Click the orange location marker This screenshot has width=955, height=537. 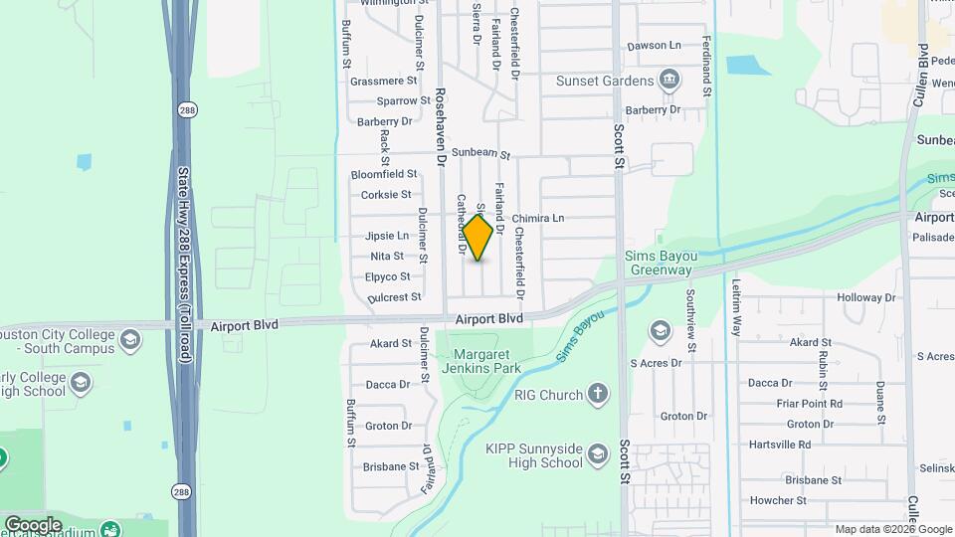tap(478, 238)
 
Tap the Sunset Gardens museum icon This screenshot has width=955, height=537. tap(670, 80)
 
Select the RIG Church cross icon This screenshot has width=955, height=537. tap(597, 394)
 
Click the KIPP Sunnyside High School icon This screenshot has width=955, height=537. tap(598, 455)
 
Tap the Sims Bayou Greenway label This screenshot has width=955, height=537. tap(658, 263)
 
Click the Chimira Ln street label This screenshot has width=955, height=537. tap(538, 218)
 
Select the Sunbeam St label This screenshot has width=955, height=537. tap(480, 155)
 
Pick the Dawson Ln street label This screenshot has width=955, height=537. tap(654, 46)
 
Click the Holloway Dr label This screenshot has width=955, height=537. tap(865, 297)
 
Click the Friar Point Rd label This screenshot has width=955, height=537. tap(809, 404)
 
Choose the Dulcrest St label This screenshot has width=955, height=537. tap(394, 297)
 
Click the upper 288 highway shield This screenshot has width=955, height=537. tap(185, 108)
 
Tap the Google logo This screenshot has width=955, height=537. tap(33, 525)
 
